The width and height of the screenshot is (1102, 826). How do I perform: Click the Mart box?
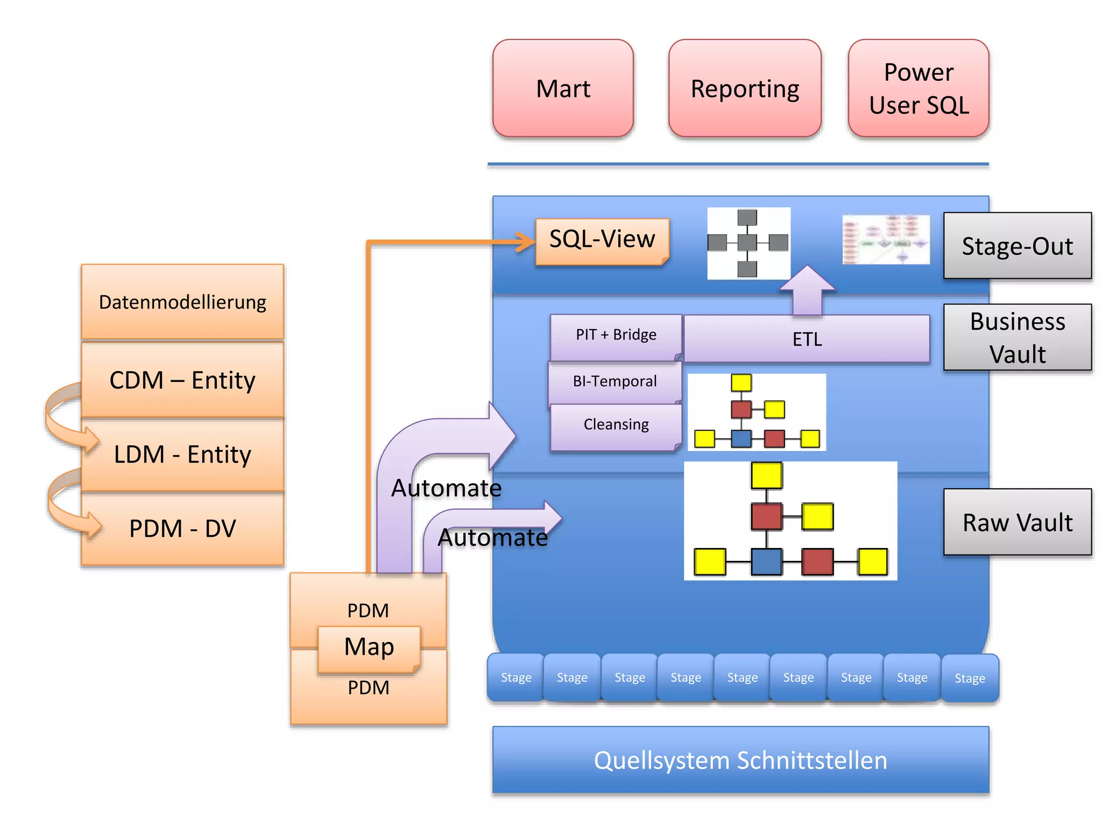click(x=563, y=88)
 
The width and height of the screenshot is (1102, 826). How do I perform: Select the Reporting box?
click(x=745, y=88)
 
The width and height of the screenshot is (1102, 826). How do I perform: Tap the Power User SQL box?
click(x=919, y=88)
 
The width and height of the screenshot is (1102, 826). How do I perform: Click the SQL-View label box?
click(x=602, y=240)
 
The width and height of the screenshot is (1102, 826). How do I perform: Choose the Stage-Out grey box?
click(x=1017, y=246)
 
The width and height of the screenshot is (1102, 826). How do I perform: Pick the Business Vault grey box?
click(x=1017, y=337)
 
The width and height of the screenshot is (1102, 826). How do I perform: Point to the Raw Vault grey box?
click(x=1017, y=522)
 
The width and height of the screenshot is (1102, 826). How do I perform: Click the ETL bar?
click(x=807, y=339)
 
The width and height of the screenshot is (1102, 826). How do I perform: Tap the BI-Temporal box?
click(x=614, y=382)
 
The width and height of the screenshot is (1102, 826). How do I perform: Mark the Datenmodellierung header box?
click(x=182, y=302)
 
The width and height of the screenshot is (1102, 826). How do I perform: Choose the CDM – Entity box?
click(x=182, y=380)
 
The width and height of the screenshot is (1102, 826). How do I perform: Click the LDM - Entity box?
click(x=182, y=454)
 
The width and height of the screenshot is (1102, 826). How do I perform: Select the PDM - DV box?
click(x=182, y=529)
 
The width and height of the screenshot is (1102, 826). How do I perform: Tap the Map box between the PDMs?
click(x=369, y=647)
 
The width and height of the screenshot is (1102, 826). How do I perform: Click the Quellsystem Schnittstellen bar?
click(x=740, y=760)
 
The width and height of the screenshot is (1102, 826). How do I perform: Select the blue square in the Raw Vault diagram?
click(x=766, y=561)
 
